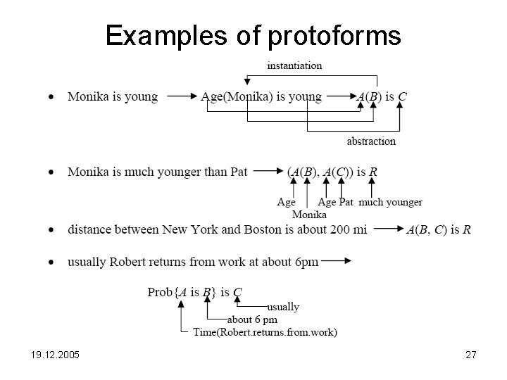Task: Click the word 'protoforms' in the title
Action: [x=334, y=35]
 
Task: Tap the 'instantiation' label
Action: [x=294, y=66]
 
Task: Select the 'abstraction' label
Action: [x=371, y=141]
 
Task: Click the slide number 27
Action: [x=471, y=356]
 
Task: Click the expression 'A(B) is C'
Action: [x=381, y=96]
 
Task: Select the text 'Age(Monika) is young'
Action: [x=261, y=96]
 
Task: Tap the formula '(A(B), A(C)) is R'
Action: [x=332, y=172]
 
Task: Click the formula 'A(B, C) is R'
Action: [x=439, y=229]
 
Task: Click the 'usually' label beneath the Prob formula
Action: [x=283, y=307]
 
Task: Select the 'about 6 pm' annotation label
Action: [x=252, y=319]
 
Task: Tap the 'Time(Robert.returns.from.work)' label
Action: [x=265, y=332]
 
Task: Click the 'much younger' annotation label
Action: [x=391, y=202]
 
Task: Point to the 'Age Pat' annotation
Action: [x=336, y=202]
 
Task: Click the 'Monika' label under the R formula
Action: [x=309, y=214]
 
